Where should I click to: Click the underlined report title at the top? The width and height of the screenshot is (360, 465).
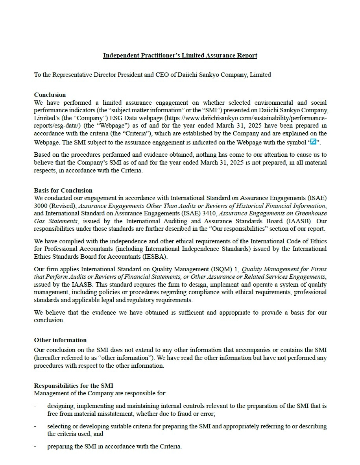pos(180,56)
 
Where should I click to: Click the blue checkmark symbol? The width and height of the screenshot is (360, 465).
pos(314,142)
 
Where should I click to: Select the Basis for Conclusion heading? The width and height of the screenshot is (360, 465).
pos(63,191)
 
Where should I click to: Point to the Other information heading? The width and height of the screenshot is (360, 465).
pos(60,340)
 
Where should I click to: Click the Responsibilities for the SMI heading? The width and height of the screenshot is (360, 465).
pos(74,385)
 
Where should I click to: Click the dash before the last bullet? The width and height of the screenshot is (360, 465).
pos(35,446)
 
